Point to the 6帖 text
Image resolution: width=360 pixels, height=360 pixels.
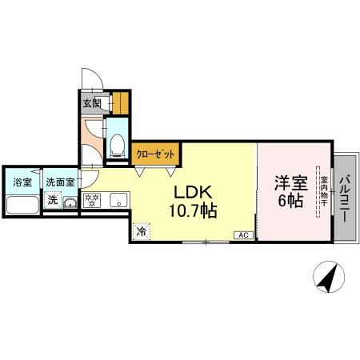pos(290,201)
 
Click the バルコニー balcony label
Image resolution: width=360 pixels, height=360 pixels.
pos(345,197)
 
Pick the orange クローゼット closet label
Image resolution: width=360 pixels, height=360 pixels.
pos(154,154)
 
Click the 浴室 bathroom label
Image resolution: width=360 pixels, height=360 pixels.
pos(22,182)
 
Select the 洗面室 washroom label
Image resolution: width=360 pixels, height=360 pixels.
pos(59,182)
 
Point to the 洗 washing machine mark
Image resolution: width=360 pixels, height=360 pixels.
pos(52,200)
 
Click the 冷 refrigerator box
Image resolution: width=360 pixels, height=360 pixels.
pos(141,231)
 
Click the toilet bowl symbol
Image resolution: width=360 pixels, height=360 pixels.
pos(117,145)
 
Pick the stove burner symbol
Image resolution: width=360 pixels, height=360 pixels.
pos(90,201)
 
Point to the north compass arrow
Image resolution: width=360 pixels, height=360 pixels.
pos(327,279)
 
